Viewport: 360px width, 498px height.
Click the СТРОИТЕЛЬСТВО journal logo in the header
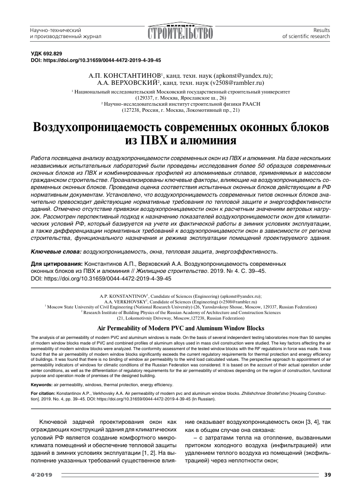pos(180,33)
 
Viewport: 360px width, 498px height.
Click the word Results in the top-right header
pos(322,29)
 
